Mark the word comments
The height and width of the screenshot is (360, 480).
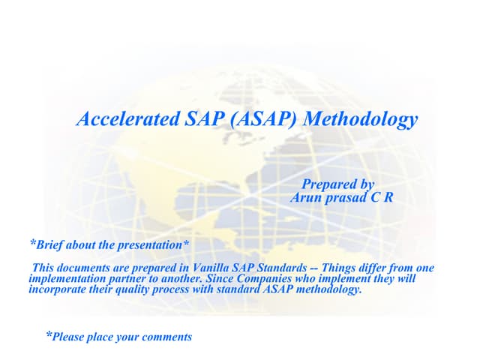[169, 337]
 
